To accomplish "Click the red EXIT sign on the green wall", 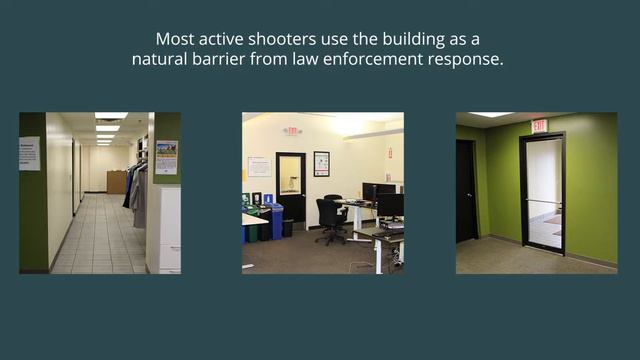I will (539, 125).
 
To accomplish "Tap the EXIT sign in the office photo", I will (292, 131).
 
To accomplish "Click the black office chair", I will (330, 219).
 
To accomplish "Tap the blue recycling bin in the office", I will (276, 222).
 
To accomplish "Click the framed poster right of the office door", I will (321, 164).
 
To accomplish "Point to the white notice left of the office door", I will (259, 166).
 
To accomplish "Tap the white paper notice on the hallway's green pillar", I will (30, 153).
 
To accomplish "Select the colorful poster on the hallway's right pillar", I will (166, 157).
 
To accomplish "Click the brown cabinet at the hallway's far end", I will (117, 181).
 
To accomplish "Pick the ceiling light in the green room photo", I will (491, 115).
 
